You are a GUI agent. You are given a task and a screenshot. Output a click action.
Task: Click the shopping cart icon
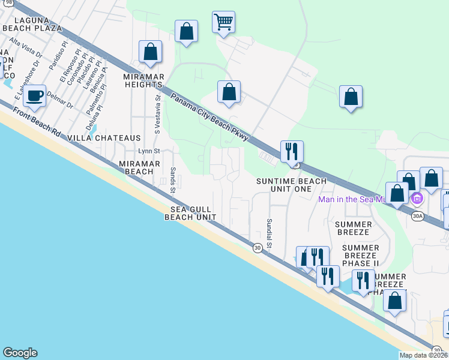[x=223, y=23]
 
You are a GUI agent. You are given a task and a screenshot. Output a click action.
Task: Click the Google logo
[x=20, y=353]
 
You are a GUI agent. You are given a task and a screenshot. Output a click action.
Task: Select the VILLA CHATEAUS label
[x=104, y=138]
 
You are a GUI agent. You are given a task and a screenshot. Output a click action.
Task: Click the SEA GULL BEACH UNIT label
[x=190, y=213]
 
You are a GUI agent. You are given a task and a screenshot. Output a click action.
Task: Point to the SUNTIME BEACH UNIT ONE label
[x=292, y=185]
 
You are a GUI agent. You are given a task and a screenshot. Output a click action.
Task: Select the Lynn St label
[x=149, y=151]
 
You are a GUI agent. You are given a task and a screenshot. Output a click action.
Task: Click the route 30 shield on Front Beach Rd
[x=258, y=248]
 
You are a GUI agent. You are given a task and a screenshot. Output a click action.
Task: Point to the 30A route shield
[x=417, y=215]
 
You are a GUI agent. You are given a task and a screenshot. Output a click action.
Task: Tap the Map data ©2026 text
[x=424, y=355]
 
